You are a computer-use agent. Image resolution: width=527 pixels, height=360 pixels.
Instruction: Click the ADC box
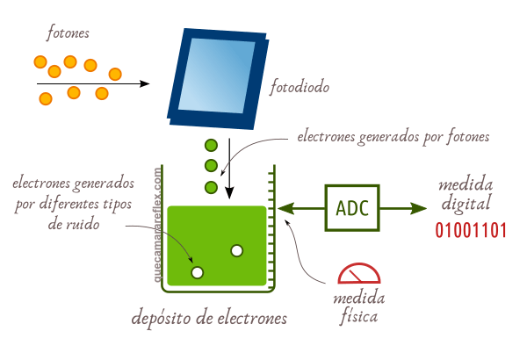[352, 209]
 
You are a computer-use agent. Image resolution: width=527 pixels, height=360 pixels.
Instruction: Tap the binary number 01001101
[472, 232]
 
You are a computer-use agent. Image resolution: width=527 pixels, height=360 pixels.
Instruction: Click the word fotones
[68, 34]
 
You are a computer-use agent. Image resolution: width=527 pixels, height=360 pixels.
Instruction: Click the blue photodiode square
[217, 76]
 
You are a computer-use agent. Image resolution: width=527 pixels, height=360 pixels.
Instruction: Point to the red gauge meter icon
[357, 274]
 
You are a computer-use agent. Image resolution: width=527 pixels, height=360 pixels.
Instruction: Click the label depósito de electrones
[209, 318]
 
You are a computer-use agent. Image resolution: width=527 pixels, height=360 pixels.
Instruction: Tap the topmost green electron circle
[211, 146]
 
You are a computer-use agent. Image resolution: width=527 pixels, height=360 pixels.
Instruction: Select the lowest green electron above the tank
[211, 186]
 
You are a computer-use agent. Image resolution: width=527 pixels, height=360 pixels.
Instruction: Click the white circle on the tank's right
[236, 251]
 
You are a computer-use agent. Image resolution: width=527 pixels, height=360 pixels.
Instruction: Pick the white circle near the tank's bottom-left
[198, 272]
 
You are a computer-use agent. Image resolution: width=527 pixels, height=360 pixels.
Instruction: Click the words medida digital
[466, 195]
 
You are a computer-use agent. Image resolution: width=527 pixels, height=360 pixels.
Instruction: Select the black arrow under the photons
[92, 83]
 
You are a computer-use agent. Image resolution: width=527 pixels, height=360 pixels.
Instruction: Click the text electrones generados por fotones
[392, 137]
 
